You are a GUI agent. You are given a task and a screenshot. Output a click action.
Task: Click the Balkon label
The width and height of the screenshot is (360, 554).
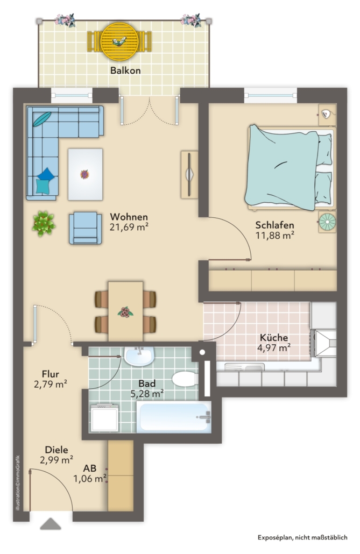point(125,70)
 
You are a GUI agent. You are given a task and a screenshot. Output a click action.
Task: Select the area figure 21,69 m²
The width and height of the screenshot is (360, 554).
point(129,227)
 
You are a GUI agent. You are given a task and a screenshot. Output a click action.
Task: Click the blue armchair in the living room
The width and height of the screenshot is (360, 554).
point(85,228)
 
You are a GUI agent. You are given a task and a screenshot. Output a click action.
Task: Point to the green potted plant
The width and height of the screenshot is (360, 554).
point(44,224)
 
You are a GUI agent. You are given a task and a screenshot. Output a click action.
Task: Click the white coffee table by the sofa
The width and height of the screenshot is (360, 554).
point(85,175)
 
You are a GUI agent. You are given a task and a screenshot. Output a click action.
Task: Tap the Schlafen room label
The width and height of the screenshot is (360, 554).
point(275,225)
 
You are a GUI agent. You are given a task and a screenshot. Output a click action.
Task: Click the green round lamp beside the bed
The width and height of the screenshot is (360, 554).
point(328,222)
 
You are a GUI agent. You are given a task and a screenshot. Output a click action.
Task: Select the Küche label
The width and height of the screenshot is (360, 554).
point(274,337)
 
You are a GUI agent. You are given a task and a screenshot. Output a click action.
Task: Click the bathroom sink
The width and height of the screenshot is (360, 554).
point(139,356)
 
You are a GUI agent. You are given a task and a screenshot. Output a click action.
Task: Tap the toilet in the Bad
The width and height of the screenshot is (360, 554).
point(185,379)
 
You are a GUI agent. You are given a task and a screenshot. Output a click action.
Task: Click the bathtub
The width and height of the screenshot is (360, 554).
point(174,417)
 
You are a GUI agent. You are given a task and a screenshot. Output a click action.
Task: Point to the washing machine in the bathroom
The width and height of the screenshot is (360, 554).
point(104,418)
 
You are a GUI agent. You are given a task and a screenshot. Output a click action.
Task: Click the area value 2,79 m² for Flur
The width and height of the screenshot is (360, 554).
point(51,384)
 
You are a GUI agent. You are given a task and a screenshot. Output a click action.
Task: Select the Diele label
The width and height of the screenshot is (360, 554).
point(57,450)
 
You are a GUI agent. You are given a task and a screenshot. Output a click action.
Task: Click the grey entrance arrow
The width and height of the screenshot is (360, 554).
point(51,524)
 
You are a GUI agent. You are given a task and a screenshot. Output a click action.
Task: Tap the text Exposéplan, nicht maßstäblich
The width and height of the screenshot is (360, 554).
point(302,538)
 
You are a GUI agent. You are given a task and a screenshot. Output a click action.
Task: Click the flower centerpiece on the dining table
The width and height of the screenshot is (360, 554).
point(125,312)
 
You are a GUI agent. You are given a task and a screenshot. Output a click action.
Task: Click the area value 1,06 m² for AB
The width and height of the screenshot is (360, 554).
point(90,479)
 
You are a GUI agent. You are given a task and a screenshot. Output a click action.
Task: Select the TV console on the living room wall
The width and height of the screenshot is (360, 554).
point(189,175)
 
